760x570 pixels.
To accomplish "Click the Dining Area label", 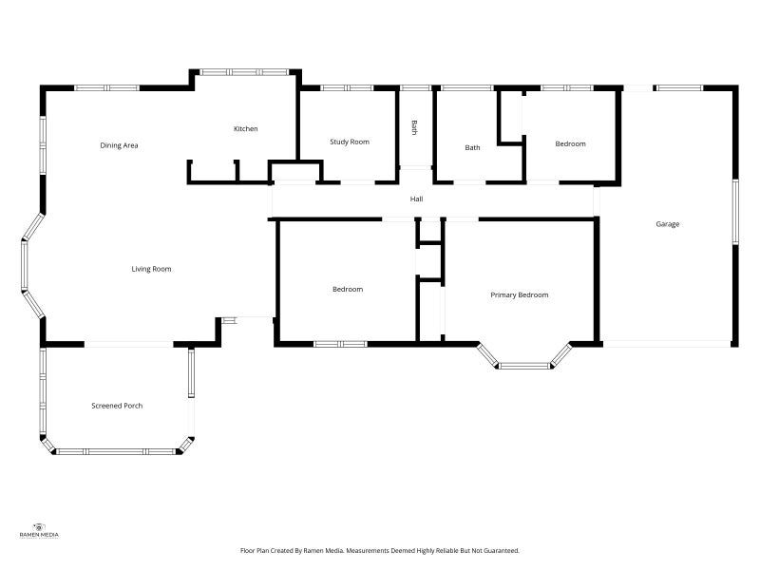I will coord(120,145).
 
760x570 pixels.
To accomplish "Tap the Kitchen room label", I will coord(246,129).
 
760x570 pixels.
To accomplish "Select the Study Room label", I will coord(350,142).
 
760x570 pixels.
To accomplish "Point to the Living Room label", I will coord(151,269).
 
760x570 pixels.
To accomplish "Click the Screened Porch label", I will coord(117,406).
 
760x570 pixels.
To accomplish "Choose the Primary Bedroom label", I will coord(520,294).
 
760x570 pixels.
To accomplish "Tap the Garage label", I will coord(668,224).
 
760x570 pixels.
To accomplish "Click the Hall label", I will coord(416,199).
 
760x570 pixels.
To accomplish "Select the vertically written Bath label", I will coord(414,127).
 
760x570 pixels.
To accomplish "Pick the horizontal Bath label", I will coord(472,147).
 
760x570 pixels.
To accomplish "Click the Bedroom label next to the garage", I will coord(570,143).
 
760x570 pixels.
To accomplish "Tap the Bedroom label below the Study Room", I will coord(347,289).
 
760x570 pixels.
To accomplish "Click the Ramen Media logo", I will coord(39,531).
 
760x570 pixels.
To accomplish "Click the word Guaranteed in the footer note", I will coord(497,550).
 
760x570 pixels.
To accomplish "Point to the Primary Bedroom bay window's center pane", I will coord(525,365).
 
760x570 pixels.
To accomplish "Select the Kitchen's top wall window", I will coord(245,71).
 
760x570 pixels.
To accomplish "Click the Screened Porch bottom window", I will coord(117,451).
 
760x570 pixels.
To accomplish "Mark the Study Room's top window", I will coord(347,88).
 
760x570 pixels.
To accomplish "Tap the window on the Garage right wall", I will coord(734,212).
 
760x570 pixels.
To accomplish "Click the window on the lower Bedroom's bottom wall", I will coord(340,344).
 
